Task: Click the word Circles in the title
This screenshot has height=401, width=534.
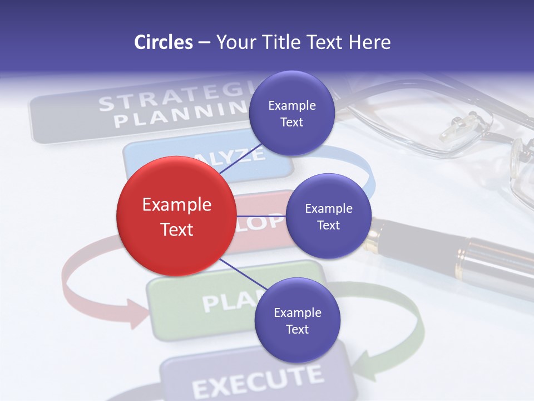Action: (164, 42)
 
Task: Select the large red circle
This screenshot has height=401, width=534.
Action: (176, 216)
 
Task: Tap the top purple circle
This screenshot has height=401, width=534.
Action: (291, 114)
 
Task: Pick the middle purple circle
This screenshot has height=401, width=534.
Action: (328, 216)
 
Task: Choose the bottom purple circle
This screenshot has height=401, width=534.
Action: (297, 320)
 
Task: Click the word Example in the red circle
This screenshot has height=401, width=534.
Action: (176, 205)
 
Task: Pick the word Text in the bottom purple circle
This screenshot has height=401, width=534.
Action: (297, 329)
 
